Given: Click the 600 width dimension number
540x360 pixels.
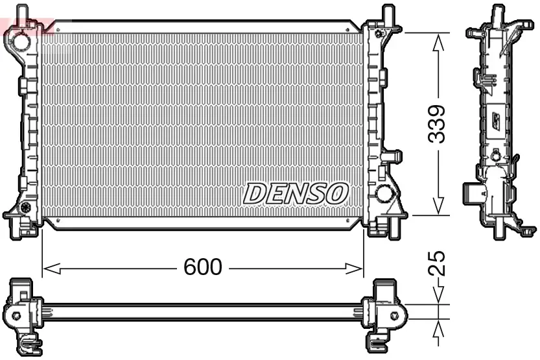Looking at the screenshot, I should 203,267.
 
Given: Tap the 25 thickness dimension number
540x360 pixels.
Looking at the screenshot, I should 439,264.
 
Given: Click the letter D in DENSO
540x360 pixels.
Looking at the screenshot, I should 255,193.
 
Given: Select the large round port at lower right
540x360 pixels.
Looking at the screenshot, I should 385,193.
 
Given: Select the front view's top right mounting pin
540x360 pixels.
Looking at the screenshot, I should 387,13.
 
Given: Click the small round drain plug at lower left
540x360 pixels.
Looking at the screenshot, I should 26,208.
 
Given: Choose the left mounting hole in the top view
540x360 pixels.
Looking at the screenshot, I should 16,316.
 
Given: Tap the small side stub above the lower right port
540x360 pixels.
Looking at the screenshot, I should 392,156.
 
